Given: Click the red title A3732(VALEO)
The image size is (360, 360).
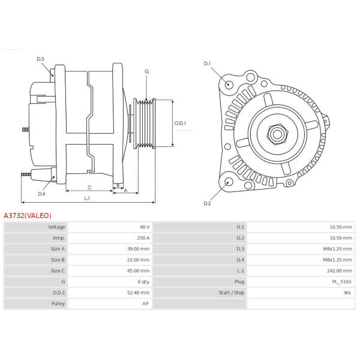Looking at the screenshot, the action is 28,215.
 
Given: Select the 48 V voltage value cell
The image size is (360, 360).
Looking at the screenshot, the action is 145,227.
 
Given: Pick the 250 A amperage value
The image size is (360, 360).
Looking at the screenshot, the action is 143,238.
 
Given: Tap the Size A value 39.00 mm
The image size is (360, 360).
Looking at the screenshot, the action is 138,249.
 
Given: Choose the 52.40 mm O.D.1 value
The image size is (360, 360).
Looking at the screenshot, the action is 138,293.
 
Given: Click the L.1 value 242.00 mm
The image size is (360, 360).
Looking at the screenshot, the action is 340,271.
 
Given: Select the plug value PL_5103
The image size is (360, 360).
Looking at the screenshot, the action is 341,282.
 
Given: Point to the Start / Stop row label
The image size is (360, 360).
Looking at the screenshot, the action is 231,293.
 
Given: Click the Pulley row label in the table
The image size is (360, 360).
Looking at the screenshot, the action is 58,304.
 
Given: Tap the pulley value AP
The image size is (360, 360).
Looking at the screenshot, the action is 145,304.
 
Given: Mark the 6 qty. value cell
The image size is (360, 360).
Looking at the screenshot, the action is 144,282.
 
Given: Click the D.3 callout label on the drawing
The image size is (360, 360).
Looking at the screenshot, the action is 40,59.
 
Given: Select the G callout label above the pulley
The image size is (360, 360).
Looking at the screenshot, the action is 147,71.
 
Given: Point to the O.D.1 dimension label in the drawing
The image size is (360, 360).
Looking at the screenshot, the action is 180,123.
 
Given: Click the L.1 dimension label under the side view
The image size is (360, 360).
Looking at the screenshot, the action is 87,198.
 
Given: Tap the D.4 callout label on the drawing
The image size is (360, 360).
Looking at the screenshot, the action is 41,194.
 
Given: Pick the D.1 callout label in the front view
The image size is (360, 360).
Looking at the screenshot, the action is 207,64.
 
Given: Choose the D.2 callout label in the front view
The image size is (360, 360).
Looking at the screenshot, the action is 207,203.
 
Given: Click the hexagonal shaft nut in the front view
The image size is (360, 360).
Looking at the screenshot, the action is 277,134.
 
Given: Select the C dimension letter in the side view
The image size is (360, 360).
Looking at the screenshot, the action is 89,187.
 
